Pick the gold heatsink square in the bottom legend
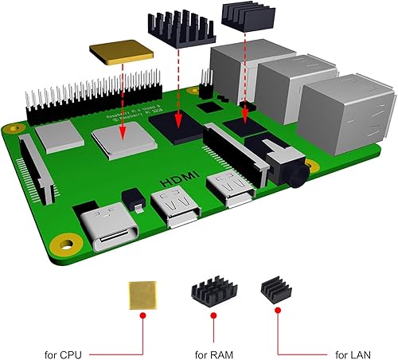pos(143,295)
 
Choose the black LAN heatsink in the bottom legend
pos(277,292)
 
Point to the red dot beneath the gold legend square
pos(142,316)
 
